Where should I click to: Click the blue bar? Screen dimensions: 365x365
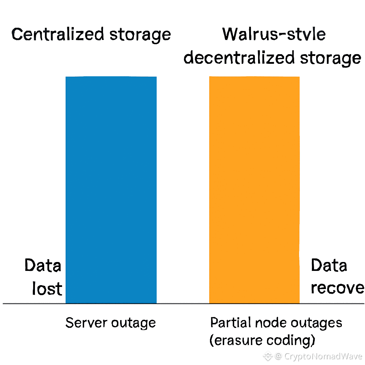click(111, 190)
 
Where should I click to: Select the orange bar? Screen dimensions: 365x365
click(254, 190)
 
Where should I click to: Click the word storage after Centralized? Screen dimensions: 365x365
click(140, 35)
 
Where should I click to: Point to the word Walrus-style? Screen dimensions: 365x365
click(274, 35)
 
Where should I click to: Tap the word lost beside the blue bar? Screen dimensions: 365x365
click(47, 288)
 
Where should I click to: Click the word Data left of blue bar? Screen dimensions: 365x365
click(43, 266)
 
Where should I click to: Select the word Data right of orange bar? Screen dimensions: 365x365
click(329, 266)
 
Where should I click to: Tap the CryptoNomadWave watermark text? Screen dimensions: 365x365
click(323, 356)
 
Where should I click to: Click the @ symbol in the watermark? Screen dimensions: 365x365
click(279, 356)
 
